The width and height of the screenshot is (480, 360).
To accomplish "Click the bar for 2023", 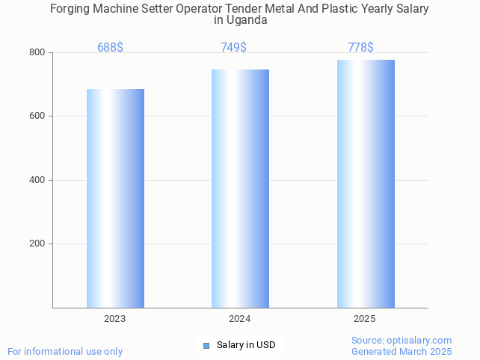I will (x=115, y=198).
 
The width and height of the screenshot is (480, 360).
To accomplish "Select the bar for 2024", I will (x=240, y=188).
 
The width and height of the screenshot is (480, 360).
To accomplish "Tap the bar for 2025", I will (x=366, y=184).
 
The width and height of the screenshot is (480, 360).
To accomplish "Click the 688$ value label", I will (x=110, y=48).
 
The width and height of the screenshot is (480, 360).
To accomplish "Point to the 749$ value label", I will (x=233, y=48).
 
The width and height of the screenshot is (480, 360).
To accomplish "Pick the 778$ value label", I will (x=360, y=48).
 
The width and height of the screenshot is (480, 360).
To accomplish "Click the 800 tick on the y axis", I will (x=37, y=53).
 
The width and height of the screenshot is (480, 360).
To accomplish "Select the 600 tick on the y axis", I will (x=37, y=117).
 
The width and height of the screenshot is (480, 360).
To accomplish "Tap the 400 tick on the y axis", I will (x=37, y=180).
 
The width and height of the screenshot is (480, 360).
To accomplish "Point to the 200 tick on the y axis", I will (x=37, y=244).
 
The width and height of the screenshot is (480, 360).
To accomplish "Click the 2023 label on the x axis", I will (x=114, y=319).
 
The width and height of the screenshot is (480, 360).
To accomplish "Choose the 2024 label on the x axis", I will (x=239, y=319).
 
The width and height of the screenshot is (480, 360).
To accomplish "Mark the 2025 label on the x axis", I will (x=365, y=319).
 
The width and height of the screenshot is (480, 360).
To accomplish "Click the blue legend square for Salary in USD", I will (x=206, y=345).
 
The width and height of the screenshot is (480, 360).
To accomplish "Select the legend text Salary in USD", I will (x=246, y=345).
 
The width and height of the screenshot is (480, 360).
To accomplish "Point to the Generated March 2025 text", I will (x=401, y=351).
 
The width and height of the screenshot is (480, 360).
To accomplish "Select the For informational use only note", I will (x=65, y=351).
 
